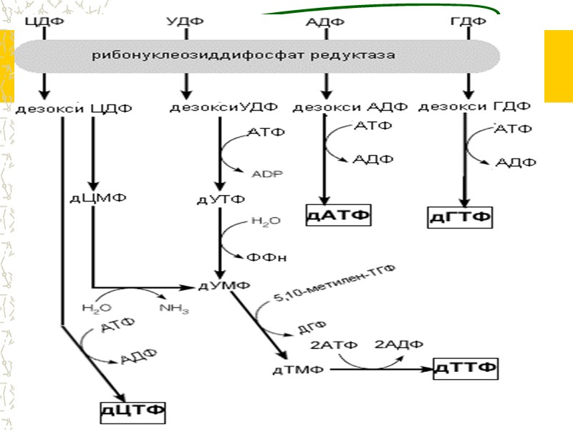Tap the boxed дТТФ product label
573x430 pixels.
pos(466,368)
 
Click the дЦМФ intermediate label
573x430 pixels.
pos(92,198)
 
